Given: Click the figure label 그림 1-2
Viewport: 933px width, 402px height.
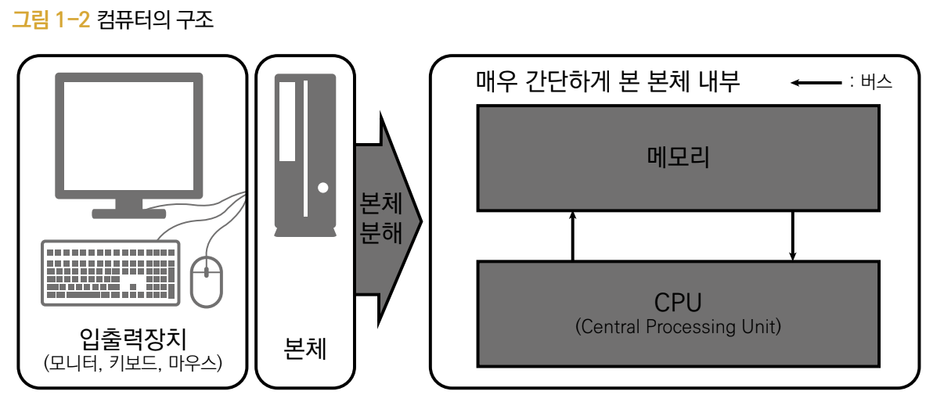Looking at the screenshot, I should [x=52, y=20].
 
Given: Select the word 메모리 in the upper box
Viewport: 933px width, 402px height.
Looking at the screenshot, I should [x=678, y=157].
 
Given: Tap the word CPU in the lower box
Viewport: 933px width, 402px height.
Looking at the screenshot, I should [x=678, y=303].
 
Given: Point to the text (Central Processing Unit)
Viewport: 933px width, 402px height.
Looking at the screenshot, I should [x=678, y=327].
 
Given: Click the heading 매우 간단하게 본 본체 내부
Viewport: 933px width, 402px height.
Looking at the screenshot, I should [x=607, y=81].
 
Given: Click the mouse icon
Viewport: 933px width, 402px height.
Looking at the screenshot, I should [x=207, y=281].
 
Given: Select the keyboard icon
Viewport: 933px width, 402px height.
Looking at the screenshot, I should [x=110, y=275].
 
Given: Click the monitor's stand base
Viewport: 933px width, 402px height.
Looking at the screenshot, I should [x=129, y=213].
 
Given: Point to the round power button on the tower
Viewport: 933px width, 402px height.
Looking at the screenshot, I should [x=322, y=188].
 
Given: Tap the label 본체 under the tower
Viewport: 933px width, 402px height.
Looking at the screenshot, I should [x=304, y=348].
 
